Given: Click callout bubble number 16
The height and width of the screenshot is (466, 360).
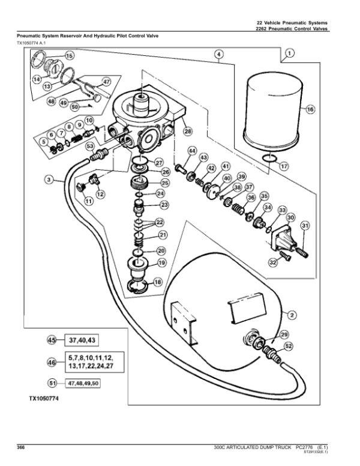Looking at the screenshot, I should click(x=310, y=110).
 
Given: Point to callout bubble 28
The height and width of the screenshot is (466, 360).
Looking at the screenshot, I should click(x=187, y=131).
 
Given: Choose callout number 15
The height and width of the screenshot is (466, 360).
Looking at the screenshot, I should click(x=70, y=56).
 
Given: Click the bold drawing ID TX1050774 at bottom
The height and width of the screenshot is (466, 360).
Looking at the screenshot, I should click(x=47, y=398).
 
